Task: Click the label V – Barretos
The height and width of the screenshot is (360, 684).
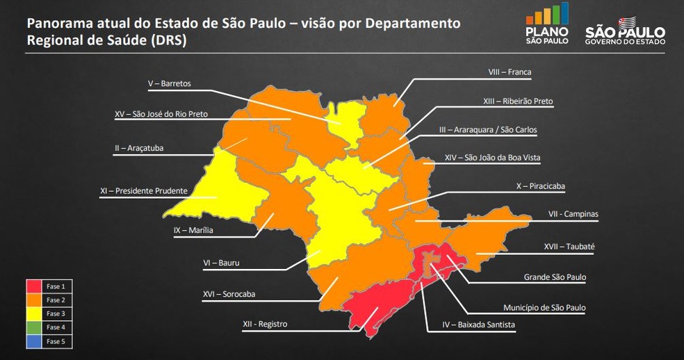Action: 170,84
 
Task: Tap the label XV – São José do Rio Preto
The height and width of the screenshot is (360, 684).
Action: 161,114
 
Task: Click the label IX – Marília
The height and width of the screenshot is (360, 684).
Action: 193,230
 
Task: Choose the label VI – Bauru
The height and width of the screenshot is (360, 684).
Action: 221,263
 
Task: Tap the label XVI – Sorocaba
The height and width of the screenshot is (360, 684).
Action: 229,294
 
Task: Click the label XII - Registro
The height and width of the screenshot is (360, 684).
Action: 265,324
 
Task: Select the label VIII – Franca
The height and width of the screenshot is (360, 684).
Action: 510,72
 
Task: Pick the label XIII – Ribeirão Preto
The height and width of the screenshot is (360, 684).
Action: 518,101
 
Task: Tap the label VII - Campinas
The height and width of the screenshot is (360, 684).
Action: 573,215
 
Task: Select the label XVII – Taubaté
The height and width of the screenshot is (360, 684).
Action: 569,246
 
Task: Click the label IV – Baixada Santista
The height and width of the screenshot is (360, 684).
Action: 479,324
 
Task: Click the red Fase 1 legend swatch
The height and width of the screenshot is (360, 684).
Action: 35,286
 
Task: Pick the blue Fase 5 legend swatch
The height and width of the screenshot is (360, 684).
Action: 35,341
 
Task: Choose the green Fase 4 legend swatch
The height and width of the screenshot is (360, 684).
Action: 35,327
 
